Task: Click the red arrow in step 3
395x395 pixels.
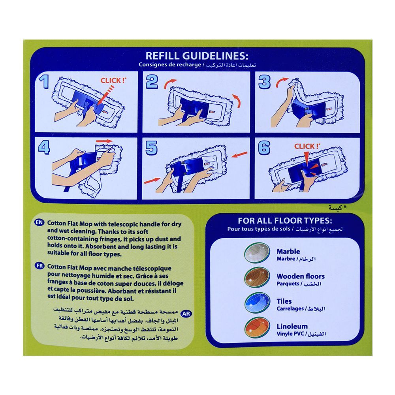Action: (282, 82)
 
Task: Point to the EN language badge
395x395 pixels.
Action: (39, 223)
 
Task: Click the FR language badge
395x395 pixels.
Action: (39, 266)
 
